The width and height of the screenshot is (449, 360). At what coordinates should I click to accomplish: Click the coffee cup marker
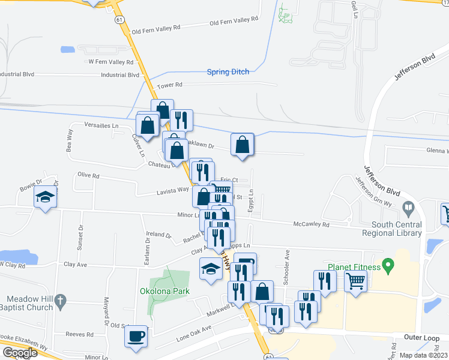point(136,335)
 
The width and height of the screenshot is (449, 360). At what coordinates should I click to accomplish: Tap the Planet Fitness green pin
point(388,265)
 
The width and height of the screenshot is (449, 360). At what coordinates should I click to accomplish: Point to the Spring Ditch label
point(228,72)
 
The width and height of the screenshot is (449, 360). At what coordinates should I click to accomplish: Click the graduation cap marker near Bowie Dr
point(44,198)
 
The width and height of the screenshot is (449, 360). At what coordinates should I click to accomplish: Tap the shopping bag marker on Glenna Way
point(242,145)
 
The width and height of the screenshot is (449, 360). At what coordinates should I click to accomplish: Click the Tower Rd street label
point(169,86)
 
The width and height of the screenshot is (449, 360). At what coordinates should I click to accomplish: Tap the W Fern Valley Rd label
point(110,62)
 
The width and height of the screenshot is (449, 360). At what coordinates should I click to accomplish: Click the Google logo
point(20,353)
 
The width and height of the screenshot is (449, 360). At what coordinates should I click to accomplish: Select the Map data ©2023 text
point(424,355)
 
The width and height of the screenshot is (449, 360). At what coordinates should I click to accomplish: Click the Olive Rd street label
point(88,176)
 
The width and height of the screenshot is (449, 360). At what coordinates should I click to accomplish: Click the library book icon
point(409,209)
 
